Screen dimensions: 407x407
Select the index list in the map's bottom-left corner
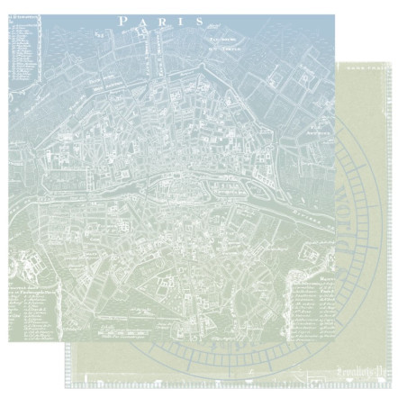click(x=32, y=306)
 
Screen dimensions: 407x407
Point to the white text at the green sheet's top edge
click(x=360, y=66)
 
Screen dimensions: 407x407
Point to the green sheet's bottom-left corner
click(x=65, y=387)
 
